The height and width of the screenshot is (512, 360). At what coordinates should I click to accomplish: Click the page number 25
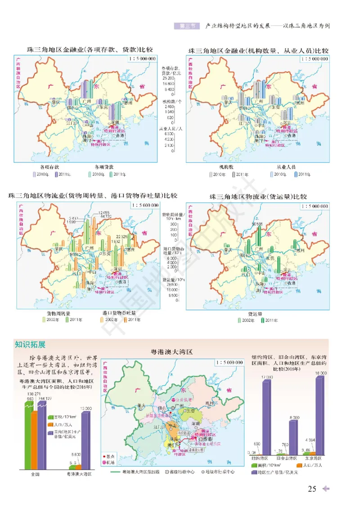pos(312,489)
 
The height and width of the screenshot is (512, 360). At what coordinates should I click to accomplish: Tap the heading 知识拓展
pos(30,345)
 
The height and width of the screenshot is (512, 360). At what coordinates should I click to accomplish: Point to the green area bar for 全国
pos(28,432)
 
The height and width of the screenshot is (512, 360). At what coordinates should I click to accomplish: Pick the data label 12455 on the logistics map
pos(104,212)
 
